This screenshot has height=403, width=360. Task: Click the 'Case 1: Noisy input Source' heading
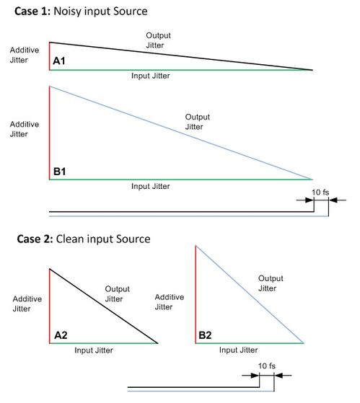pos(81,12)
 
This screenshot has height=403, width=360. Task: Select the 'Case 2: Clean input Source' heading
pos(84,239)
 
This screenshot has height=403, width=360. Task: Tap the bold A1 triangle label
pos(59,61)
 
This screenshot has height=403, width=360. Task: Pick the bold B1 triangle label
pos(59,172)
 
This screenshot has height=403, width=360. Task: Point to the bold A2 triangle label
pos(61,335)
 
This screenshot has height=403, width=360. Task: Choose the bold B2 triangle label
pos(205,335)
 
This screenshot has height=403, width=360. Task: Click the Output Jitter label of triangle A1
pos(158,40)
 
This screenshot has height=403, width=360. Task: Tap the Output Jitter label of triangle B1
pos(197,122)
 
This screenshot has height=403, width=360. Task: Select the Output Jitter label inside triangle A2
pos(117,293)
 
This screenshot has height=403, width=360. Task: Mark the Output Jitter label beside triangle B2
pos(271,283)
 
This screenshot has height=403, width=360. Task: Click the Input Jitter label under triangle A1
pos(151,76)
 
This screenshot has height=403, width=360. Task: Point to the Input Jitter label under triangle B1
pos(151,186)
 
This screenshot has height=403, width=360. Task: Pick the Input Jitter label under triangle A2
pos(94,350)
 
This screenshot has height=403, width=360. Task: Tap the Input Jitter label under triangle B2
pos(238,350)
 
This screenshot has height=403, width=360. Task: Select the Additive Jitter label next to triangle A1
pos(25,55)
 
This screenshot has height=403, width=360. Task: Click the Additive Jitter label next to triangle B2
pos(170,302)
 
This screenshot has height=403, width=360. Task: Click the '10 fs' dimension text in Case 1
pos(320,192)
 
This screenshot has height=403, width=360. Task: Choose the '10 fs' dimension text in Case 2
pos(267,366)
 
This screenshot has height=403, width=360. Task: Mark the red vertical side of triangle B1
pos(50,133)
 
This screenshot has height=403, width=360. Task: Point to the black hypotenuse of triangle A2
pos(104,306)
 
